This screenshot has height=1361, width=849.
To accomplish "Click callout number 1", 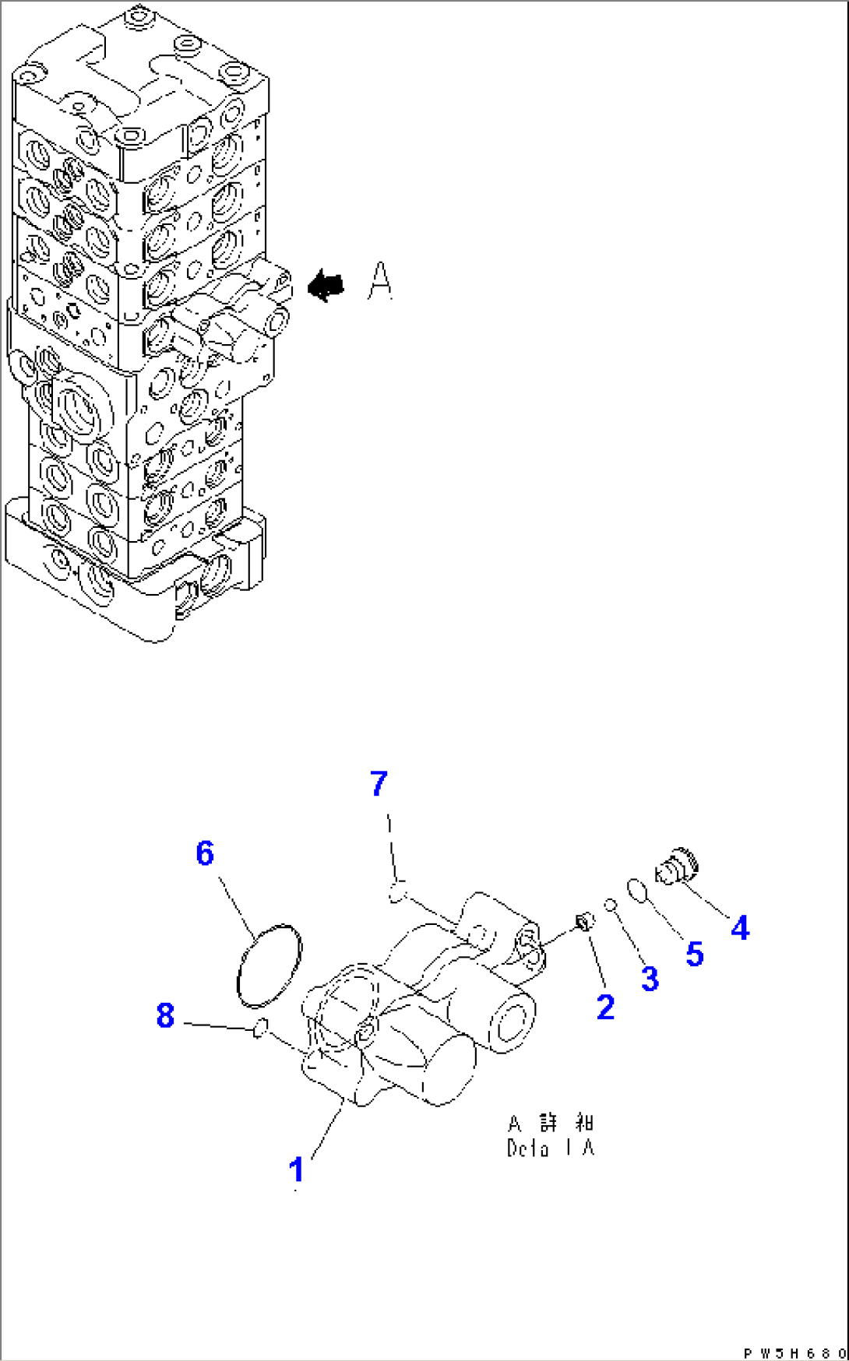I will click(296, 1170).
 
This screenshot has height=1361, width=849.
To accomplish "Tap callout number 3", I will click(650, 978).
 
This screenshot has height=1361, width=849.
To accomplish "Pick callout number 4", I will click(739, 927).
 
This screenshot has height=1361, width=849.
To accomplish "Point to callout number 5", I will click(694, 953).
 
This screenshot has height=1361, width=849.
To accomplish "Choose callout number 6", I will click(204, 853).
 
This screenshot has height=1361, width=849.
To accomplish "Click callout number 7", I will click(379, 783).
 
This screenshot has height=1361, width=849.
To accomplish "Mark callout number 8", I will click(165, 1015).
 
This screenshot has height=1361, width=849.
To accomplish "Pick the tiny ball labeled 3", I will click(611, 904).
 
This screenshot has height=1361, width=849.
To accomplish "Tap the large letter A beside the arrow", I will click(379, 281).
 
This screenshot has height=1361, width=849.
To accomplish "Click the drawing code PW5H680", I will click(794, 1353).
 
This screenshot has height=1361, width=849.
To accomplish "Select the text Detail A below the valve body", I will click(551, 1148).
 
